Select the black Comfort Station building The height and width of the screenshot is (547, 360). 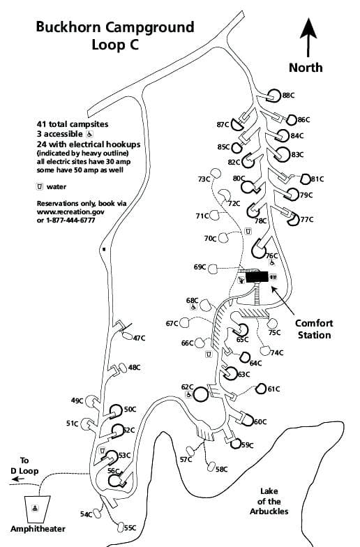coord(257,277)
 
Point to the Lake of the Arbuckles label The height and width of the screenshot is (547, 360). coord(269,501)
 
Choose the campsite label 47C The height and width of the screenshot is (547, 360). coord(139,338)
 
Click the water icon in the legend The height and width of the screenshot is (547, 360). coord(40,186)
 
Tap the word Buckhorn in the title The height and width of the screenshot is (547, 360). coord(66,28)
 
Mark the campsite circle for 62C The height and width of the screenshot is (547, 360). coord(200,394)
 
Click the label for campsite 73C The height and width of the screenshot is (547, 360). coord(204,179)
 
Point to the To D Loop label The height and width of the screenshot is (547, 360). coord(24,465)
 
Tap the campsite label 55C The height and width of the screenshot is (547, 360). coord(129,528)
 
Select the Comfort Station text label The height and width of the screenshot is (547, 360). coord(314,329)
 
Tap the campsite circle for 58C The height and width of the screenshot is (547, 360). coord(211,467)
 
